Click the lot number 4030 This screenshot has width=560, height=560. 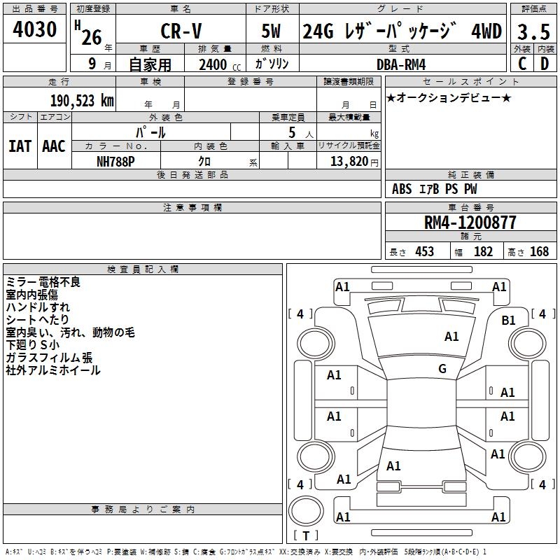click(34, 30)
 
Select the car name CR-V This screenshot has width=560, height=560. click(180, 32)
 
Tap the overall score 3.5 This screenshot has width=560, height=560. click(533, 32)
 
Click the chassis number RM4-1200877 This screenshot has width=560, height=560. click(470, 223)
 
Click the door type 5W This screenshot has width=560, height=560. click(272, 32)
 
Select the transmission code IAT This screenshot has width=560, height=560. click(20, 146)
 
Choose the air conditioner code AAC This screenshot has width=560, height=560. click(54, 146)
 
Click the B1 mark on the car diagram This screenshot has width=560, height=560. click(509, 320)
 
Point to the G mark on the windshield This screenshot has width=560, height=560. click(442, 369)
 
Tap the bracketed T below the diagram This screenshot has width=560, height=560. click(305, 536)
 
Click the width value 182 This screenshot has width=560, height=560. click(484, 252)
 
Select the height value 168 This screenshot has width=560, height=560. click(539, 252)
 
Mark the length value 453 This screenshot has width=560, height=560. click(424, 252)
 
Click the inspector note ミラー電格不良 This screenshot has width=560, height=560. click(43, 282)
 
